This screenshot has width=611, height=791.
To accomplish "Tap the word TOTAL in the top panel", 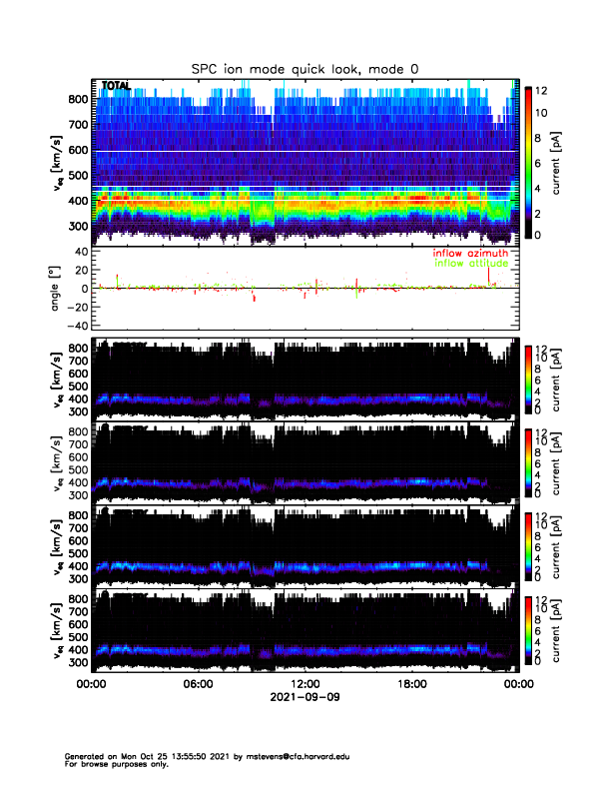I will pos(116,87).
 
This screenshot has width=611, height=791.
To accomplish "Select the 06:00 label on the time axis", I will pos(198,684).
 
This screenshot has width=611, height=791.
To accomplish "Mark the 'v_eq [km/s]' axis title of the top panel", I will pos(58,161).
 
